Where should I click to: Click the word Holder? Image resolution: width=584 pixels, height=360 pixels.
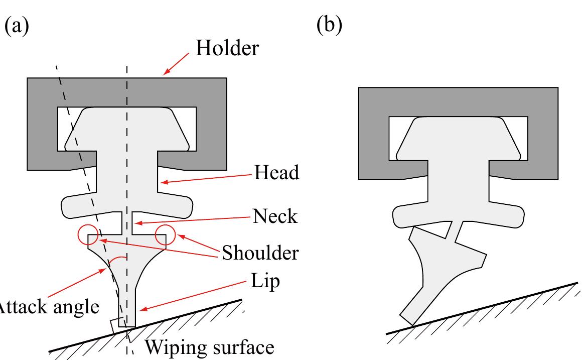tap(227, 48)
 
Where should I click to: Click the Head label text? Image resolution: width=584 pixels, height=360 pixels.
tap(276, 173)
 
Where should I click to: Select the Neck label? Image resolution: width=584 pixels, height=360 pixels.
tap(275, 216)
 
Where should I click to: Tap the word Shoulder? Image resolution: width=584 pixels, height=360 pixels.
tap(259, 253)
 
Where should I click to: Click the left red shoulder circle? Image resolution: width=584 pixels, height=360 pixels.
tap(88, 234)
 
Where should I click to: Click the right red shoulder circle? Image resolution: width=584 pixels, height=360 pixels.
tap(165, 235)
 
